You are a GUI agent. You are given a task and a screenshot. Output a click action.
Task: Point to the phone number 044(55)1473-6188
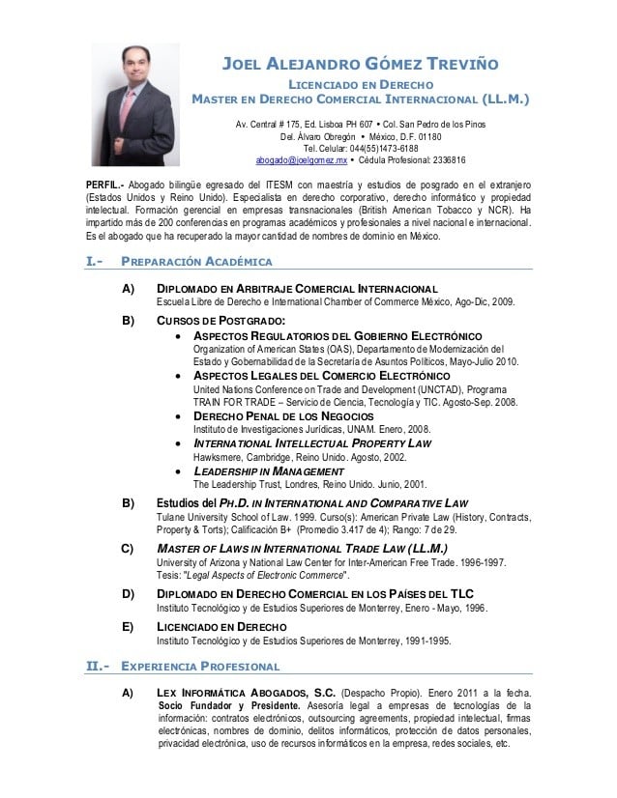[x=361, y=148]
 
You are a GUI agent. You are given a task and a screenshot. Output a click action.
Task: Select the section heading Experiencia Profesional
[x=200, y=667]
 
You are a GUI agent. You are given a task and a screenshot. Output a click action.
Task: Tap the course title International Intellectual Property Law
[x=312, y=442]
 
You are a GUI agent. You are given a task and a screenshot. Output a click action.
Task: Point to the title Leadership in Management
[x=270, y=471]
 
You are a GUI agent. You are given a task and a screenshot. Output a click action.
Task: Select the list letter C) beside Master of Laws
[x=128, y=549]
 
